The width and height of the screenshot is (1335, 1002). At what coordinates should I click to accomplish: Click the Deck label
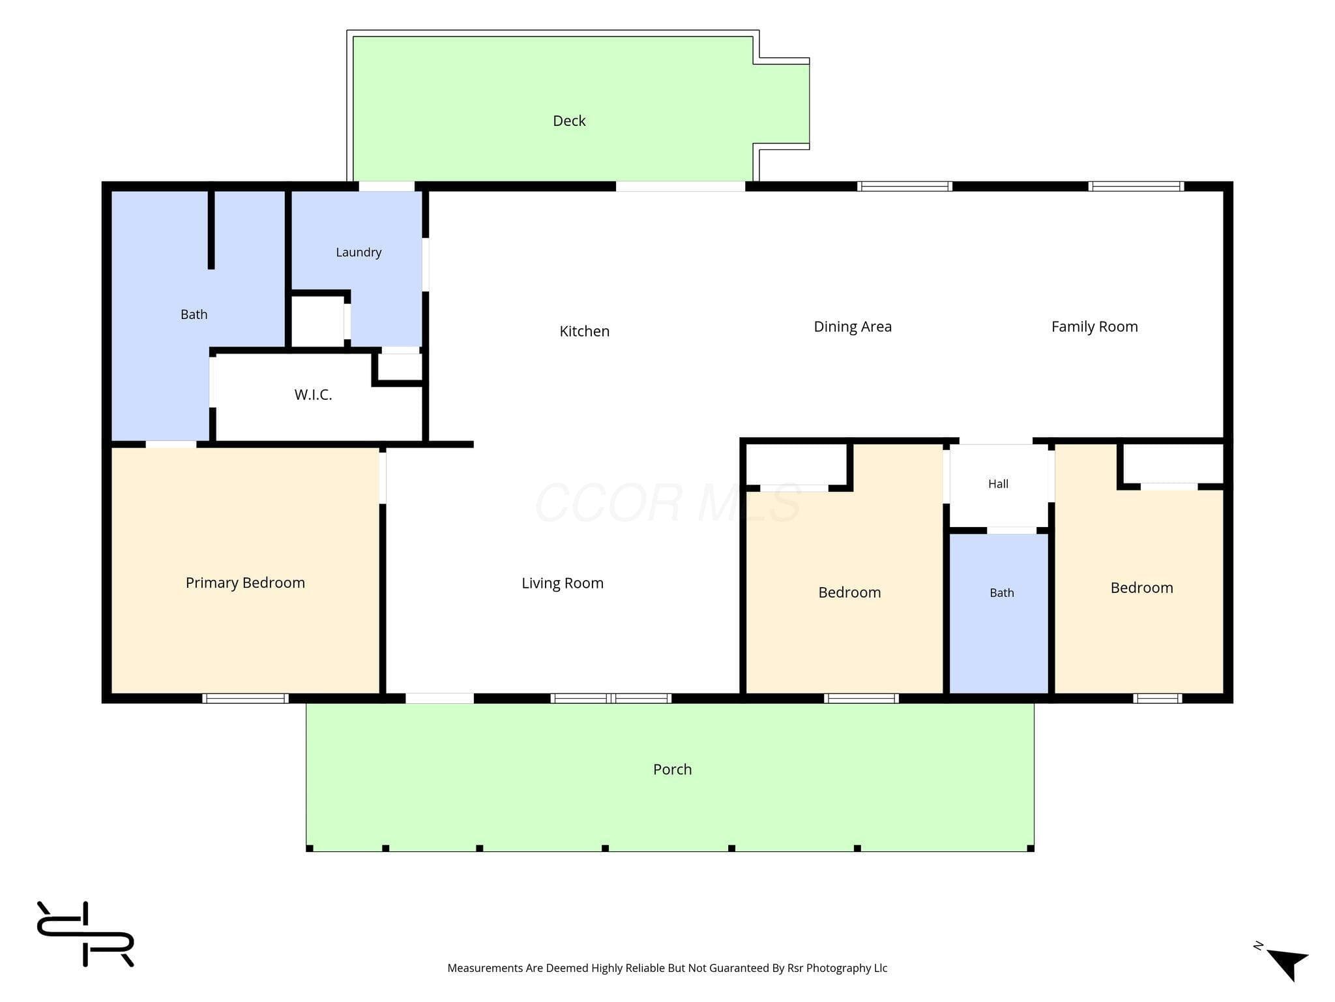[569, 121]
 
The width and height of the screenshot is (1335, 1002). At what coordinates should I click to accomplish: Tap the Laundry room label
[359, 252]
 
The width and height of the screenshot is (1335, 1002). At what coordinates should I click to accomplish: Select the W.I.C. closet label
[313, 395]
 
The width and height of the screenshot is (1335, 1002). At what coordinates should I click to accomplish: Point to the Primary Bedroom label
[245, 583]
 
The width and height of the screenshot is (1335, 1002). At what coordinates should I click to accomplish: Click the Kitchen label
[585, 331]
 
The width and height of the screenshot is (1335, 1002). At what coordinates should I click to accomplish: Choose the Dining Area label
[853, 327]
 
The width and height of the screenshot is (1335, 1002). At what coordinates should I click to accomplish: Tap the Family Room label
[1094, 327]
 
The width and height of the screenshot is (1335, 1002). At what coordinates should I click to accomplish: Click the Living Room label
[563, 583]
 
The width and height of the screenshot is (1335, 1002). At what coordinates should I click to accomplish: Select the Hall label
[998, 484]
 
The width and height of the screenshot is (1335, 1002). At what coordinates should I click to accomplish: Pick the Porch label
[672, 769]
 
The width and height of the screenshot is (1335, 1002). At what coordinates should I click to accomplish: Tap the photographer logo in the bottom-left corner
[85, 934]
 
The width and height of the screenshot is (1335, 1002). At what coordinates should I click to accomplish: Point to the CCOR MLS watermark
[668, 503]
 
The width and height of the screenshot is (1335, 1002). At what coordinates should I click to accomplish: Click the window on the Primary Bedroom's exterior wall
[245, 698]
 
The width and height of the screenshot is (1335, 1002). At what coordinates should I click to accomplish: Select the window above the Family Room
[1136, 187]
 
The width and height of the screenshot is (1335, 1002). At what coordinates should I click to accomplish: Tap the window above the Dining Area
[904, 187]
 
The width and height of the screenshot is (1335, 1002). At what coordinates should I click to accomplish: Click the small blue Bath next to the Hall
[999, 613]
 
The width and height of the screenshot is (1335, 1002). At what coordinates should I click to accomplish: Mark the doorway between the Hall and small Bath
[1011, 530]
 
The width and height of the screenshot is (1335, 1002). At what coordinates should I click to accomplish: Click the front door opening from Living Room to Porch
[439, 698]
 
